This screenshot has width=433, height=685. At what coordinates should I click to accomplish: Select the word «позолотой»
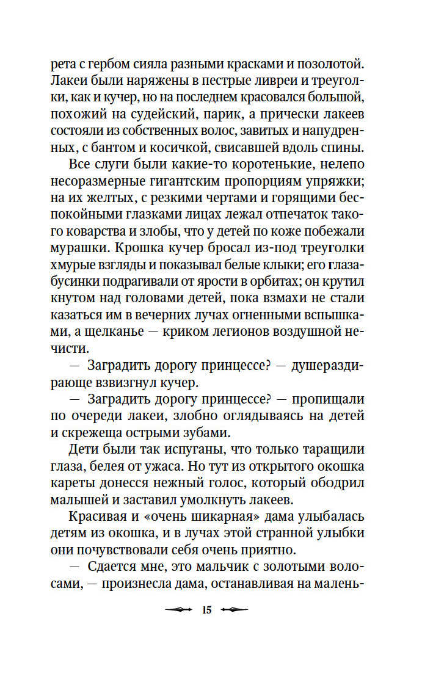point(330,63)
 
